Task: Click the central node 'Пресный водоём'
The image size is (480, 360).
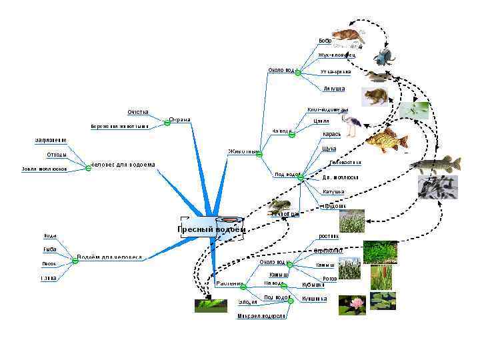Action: (211, 229)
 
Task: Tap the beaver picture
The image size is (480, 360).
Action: (349, 36)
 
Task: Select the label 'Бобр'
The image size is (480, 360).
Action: (325, 41)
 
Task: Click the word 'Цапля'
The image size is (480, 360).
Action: (321, 121)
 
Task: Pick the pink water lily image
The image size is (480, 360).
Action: (352, 305)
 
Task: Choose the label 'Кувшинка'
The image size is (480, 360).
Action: (315, 299)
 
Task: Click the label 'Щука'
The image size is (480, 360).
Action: (329, 149)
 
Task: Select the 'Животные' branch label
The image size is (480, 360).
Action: (242, 151)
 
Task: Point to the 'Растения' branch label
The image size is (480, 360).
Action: (229, 283)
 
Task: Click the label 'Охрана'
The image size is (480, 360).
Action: (180, 120)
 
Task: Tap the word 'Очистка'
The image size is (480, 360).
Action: (138, 112)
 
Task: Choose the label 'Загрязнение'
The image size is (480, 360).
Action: (51, 140)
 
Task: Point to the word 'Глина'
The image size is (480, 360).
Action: (49, 278)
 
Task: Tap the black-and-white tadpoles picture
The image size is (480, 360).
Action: (437, 187)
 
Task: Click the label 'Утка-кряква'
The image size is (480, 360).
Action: (335, 71)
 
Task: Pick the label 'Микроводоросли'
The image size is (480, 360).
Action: (261, 316)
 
